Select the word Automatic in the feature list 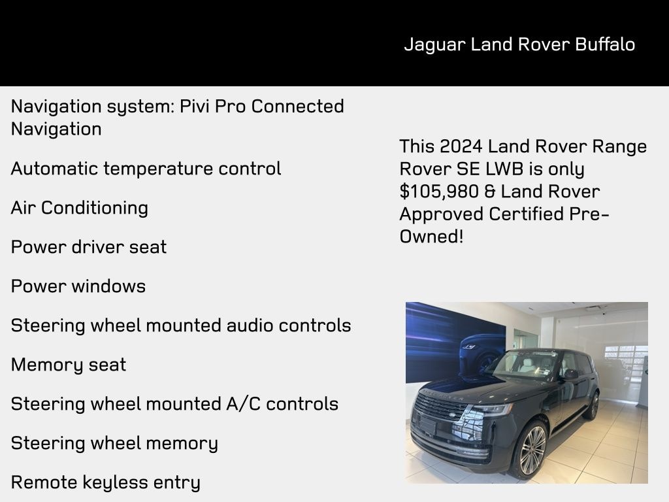[54, 169]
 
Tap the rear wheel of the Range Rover [593, 406]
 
